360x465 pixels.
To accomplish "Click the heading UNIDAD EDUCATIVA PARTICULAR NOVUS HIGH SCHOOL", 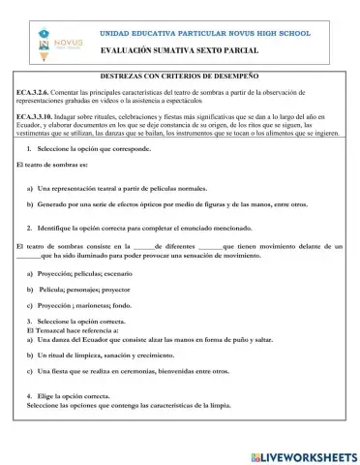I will click(212, 34).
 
